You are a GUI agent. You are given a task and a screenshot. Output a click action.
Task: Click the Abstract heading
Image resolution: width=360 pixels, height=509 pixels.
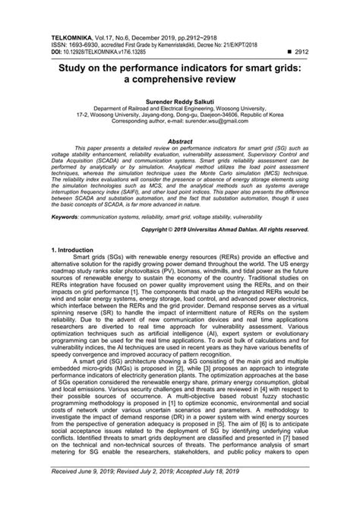(180, 141)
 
